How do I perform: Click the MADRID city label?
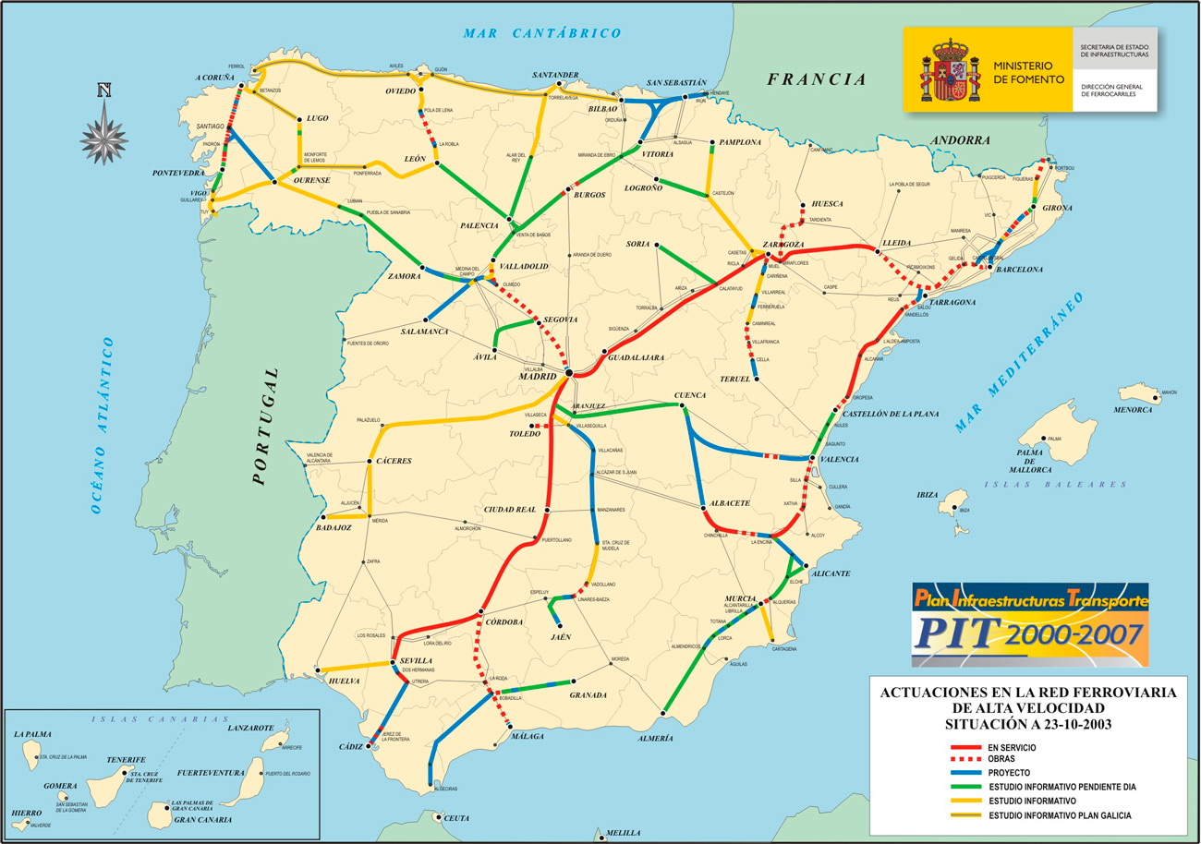click(x=537, y=376)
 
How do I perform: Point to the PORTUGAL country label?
click(x=266, y=426)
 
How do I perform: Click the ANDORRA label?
click(x=960, y=140)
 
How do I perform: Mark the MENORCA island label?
click(x=1134, y=409)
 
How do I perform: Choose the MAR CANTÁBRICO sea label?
click(x=542, y=33)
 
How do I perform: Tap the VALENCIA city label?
click(x=839, y=459)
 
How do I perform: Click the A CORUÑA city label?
click(x=214, y=78)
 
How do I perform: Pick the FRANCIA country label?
click(x=817, y=79)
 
